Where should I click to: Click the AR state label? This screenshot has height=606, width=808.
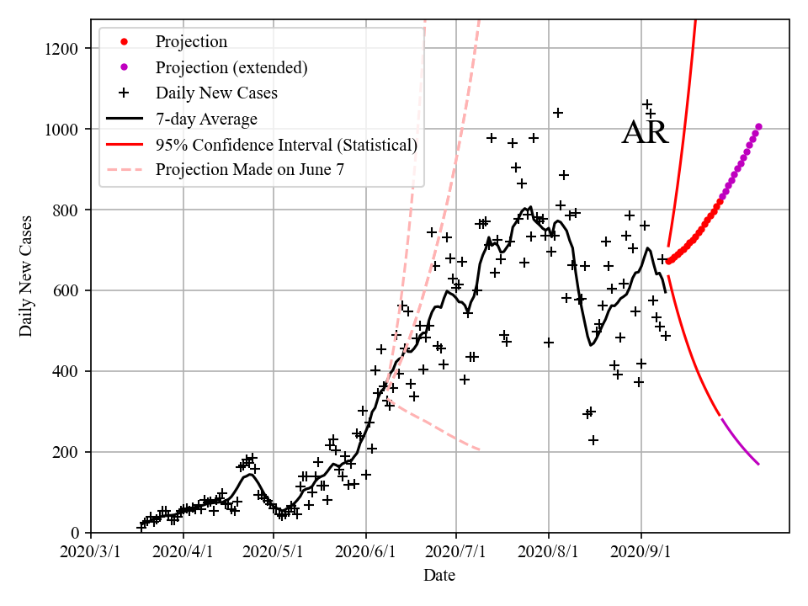tap(645, 133)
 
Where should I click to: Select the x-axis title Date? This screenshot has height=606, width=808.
tap(439, 576)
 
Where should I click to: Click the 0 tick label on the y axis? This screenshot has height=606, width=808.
tap(81, 533)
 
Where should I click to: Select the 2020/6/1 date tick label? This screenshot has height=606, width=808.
tap(365, 553)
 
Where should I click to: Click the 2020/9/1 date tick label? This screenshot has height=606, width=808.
tap(641, 553)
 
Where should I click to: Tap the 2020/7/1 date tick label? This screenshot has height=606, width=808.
tap(456, 553)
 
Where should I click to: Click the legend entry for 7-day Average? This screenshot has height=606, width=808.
tap(206, 119)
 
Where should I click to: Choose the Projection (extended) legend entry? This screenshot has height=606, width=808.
tap(231, 66)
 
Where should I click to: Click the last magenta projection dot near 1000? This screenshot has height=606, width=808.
tap(758, 127)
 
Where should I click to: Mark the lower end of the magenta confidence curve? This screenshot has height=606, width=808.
tap(758, 464)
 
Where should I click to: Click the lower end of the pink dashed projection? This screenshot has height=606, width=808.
tap(480, 450)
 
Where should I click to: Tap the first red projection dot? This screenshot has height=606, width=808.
tap(668, 262)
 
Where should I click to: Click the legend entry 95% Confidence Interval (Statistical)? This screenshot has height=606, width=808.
tap(286, 145)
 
